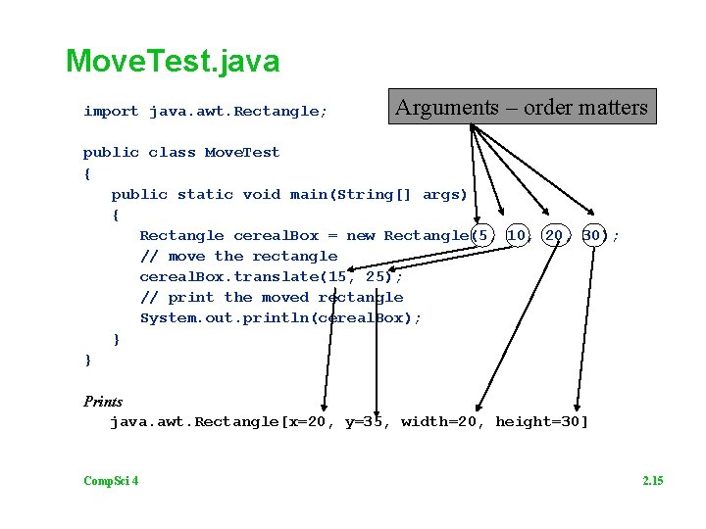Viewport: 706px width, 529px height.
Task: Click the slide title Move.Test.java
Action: point(173,62)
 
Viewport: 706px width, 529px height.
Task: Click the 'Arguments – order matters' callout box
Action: point(521,108)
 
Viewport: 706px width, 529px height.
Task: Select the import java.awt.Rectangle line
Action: point(205,112)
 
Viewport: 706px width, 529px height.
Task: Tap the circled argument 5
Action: point(480,236)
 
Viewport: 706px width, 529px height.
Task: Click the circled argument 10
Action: point(518,236)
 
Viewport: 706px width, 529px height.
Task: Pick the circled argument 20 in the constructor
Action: point(555,236)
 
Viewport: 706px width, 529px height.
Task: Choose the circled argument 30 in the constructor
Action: point(592,236)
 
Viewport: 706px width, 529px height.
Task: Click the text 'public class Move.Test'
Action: point(181,153)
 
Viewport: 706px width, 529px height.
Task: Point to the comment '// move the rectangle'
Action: point(238,257)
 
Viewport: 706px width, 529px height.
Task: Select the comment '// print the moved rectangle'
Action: point(272,298)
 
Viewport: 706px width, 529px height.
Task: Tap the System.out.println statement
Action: point(280,318)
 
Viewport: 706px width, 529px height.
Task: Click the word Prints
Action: point(103,402)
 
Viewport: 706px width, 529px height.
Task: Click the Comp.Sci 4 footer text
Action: point(111,480)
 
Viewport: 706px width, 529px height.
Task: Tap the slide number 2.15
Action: point(652,480)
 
